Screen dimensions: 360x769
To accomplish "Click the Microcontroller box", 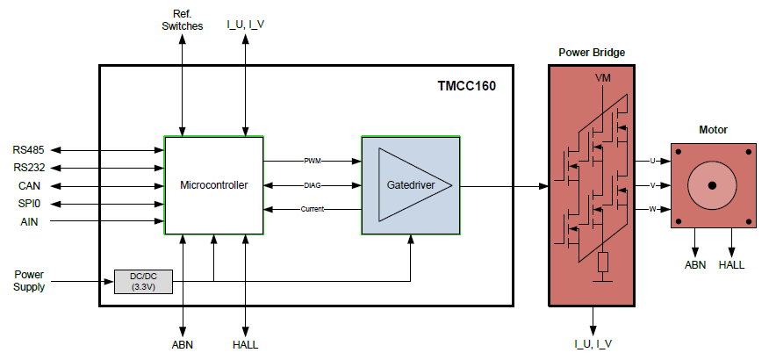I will [214, 185].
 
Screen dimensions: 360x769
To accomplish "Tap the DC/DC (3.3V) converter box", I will [143, 282].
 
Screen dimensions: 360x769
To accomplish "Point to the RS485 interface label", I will [32, 149].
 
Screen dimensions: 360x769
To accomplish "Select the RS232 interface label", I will [32, 168].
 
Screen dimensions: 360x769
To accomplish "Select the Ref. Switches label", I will [182, 20].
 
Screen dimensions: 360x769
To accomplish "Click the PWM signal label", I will [313, 161].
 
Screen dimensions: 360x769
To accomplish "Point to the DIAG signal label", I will [313, 185].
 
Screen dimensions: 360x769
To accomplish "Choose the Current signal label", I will [313, 209].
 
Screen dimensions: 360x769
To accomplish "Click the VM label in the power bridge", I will [602, 79].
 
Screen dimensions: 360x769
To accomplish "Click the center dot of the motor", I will [712, 185].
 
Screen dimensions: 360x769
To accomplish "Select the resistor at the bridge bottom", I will [603, 263].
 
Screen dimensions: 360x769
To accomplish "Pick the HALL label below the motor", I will [731, 264].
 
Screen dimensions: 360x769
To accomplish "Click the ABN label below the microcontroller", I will [183, 344].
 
